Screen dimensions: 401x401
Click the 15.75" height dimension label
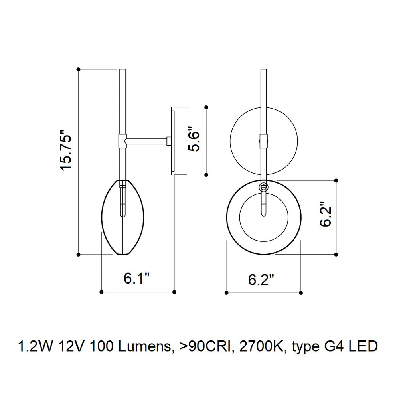tap(66, 150)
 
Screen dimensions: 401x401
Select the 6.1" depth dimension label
tap(137, 277)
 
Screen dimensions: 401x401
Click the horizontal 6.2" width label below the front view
tap(262, 279)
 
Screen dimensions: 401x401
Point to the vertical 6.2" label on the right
tap(326, 217)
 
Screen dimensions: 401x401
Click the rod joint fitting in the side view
tap(122, 140)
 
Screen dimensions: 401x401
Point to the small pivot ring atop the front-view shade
tap(263, 186)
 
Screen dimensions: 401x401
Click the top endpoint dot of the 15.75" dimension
tap(78, 69)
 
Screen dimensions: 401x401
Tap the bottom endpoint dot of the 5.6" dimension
tap(206, 175)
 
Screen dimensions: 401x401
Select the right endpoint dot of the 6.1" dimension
tap(174, 292)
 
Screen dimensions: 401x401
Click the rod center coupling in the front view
tap(263, 141)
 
